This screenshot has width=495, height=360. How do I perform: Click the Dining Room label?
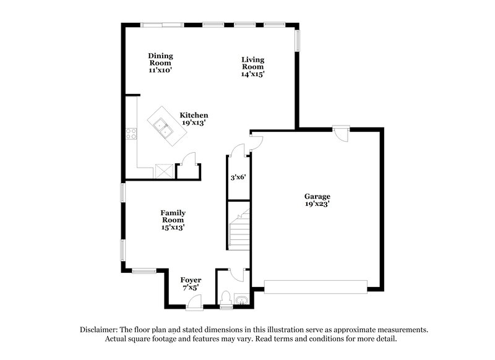click(x=160, y=63)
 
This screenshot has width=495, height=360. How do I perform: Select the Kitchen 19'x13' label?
click(x=194, y=119)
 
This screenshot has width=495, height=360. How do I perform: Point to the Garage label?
click(x=317, y=200)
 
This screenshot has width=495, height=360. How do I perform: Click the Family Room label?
click(x=174, y=220)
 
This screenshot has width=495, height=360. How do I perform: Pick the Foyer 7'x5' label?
click(x=191, y=284)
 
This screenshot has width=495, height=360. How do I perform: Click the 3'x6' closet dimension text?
click(x=239, y=177)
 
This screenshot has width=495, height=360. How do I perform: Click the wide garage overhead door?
click(x=316, y=286)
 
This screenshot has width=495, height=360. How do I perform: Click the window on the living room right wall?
click(x=298, y=41)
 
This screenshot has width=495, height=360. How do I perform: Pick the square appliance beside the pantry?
click(x=165, y=169)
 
